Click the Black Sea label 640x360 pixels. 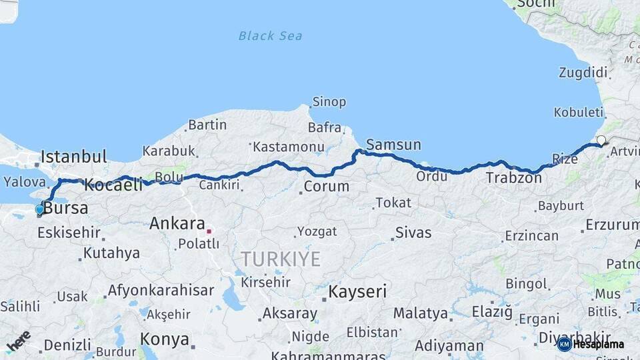pyautogui.click(x=270, y=35)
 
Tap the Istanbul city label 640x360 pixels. pyautogui.click(x=73, y=157)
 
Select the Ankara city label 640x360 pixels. pyautogui.click(x=177, y=223)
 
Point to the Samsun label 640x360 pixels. pyautogui.click(x=393, y=145)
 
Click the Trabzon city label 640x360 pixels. pyautogui.click(x=513, y=178)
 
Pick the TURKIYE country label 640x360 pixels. pyautogui.click(x=281, y=259)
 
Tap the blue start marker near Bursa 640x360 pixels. pyautogui.click(x=40, y=210)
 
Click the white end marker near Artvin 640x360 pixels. pyautogui.click(x=601, y=140)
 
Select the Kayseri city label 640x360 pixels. pyautogui.click(x=357, y=291)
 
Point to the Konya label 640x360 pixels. pyautogui.click(x=165, y=339)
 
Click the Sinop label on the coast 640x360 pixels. pyautogui.click(x=330, y=102)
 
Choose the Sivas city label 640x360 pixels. pyautogui.click(x=413, y=233)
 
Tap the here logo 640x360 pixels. pyautogui.click(x=18, y=341)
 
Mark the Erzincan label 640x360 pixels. pyautogui.click(x=531, y=236)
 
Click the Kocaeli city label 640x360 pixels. pyautogui.click(x=113, y=185)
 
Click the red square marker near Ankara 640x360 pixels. pyautogui.click(x=209, y=231)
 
